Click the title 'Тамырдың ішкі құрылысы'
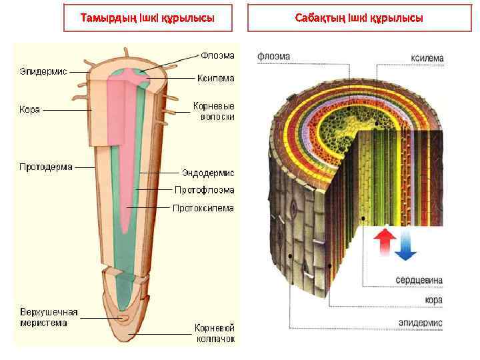tap(147, 17)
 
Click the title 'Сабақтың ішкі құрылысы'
tap(359, 17)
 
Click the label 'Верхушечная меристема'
tap(49, 317)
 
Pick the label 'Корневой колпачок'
tap(215, 333)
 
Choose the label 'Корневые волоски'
tap(213, 111)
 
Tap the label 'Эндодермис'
tap(209, 173)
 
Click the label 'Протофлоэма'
tap(205, 190)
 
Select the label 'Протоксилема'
tap(203, 208)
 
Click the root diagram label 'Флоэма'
tap(218, 55)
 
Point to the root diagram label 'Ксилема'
tap(215, 77)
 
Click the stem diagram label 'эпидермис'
tap(421, 323)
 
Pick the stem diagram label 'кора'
tap(433, 301)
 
